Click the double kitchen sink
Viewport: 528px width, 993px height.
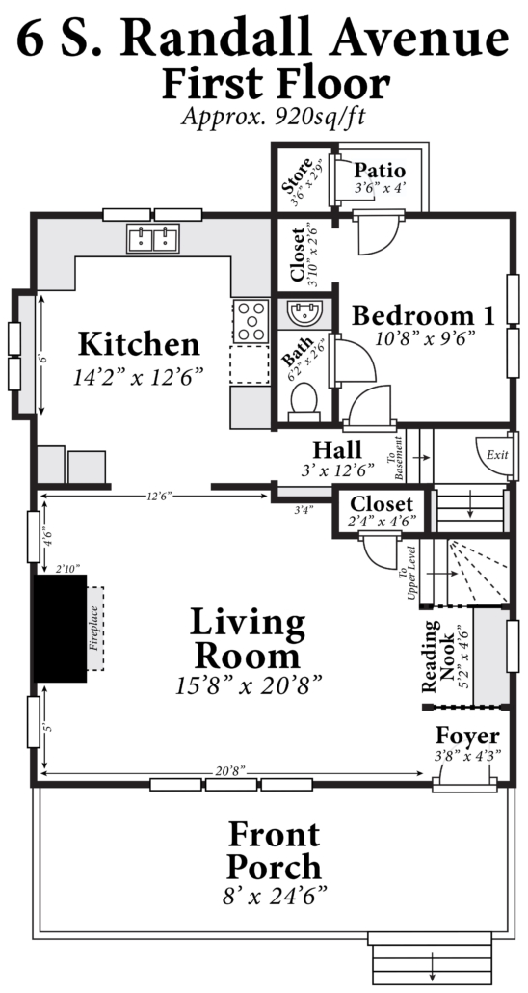pos(153,239)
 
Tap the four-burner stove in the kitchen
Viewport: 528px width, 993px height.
pos(251,322)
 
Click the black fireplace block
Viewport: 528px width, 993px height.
pos(60,629)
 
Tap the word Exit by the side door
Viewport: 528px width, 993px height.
pos(496,455)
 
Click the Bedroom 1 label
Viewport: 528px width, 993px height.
pos(423,314)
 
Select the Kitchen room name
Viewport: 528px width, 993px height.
pos(139,344)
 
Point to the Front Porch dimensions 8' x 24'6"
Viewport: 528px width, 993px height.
pos(275,896)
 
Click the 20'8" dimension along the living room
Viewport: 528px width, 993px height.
pos(230,769)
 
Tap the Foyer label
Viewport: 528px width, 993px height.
pos(467,736)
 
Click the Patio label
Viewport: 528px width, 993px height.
pos(380,171)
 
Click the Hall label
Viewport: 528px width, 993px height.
pos(337,449)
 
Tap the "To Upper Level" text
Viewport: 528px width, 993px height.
pos(408,572)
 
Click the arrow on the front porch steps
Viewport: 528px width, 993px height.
pos(433,966)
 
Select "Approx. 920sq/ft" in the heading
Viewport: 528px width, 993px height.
pos(275,117)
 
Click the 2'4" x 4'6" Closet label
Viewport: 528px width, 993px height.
pos(382,512)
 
